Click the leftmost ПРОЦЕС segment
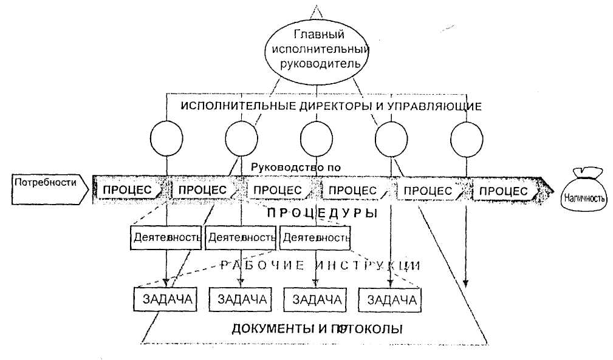pyautogui.click(x=129, y=190)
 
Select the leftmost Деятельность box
pyautogui.click(x=166, y=237)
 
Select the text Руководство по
pyautogui.click(x=296, y=166)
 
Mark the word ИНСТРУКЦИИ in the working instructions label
pyautogui.click(x=370, y=265)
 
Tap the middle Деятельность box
pyautogui.click(x=241, y=237)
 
